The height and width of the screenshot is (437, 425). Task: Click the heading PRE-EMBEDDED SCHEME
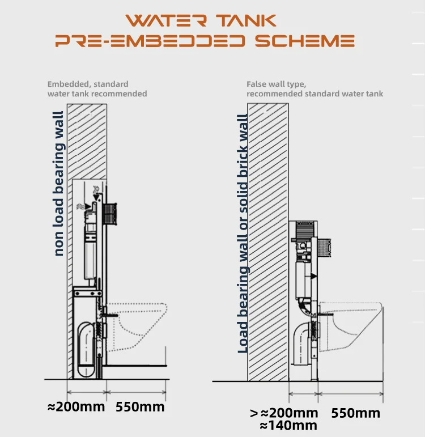(x=205, y=41)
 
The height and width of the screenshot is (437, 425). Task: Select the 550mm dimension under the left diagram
(x=140, y=407)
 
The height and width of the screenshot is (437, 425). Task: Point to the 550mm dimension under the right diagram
(x=355, y=413)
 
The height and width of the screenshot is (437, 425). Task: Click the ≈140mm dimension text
(x=288, y=426)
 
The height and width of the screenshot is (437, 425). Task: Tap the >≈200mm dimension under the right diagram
(x=284, y=413)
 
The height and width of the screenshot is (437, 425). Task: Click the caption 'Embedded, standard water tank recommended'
(x=97, y=89)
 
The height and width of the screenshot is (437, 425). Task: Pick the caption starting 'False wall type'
(x=314, y=89)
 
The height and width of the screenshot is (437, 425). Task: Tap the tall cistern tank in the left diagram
(x=90, y=249)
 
